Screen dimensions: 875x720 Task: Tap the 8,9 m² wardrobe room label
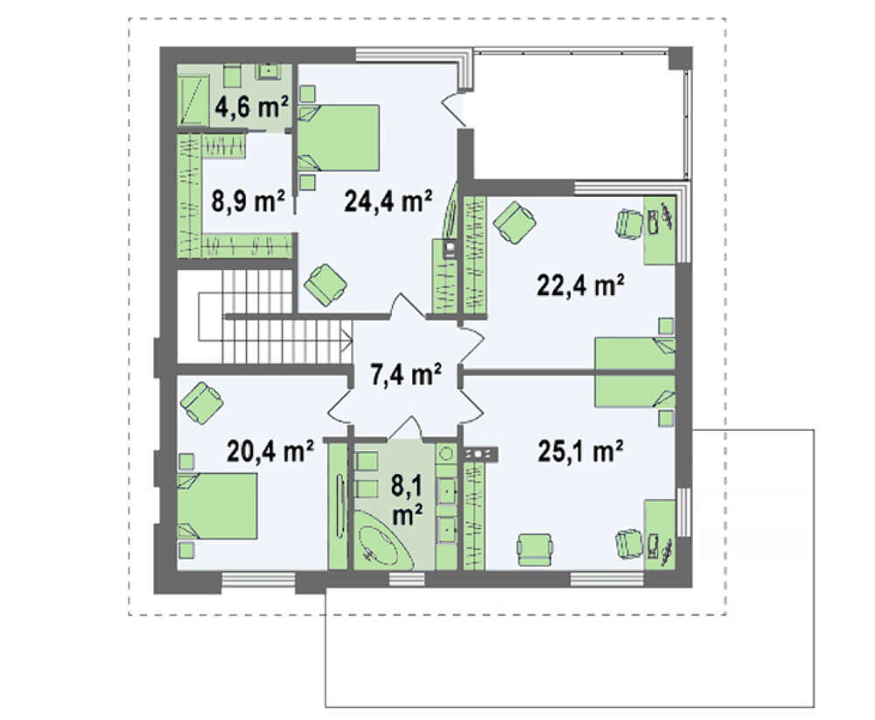248,201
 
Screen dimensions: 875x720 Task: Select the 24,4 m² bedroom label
388,201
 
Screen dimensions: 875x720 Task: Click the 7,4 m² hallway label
407,374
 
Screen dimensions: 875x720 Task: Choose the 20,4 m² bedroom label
270,451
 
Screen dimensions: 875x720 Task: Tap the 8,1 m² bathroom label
407,500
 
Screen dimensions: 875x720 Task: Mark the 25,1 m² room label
580,451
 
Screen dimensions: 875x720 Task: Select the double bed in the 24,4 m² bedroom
338,138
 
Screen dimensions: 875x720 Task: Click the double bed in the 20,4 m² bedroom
217,506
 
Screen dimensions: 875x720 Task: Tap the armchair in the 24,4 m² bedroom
325,285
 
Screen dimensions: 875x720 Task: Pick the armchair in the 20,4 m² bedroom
201,402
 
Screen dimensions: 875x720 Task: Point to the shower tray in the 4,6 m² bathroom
193,101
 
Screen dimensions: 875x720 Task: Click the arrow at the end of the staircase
347,338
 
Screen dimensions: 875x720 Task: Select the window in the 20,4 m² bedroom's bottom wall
258,579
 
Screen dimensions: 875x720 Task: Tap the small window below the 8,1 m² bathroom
407,579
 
